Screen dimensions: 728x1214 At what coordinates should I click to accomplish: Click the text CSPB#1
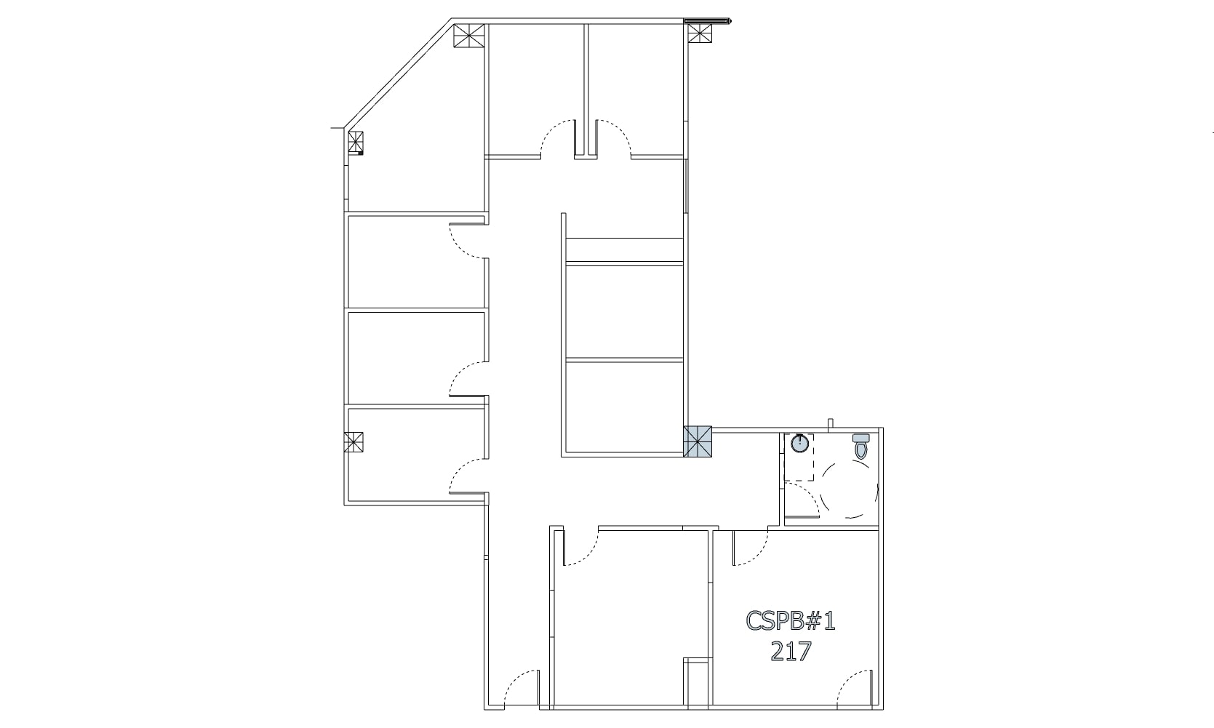coord(791,621)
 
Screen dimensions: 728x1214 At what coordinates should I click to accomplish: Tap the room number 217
coord(791,651)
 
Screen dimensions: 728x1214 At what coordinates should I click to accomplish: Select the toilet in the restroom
coord(861,445)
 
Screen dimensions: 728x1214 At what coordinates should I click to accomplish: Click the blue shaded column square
coord(698,441)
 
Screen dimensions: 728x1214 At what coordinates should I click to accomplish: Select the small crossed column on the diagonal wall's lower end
coord(356,143)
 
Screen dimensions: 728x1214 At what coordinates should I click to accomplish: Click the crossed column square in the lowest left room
coord(354,442)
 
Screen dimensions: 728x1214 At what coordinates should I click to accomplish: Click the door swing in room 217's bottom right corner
coord(855,687)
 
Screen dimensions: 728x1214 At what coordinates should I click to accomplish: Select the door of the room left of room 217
coord(581,548)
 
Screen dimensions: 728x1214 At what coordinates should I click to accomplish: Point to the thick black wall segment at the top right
coord(706,22)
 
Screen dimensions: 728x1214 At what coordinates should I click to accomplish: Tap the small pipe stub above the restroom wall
coord(830,423)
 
